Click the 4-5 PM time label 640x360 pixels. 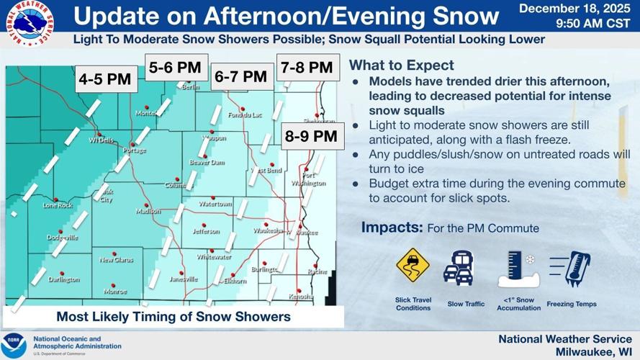coord(105,79)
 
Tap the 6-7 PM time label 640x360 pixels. coord(241,76)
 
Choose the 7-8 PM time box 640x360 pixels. coord(307,68)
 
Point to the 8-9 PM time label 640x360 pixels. coord(310,135)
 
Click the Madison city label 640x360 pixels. coord(148,212)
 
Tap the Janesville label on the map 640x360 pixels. coord(184,279)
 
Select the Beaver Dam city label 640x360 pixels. coord(207,163)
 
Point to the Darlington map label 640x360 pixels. coord(63,279)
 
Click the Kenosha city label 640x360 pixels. coord(301,296)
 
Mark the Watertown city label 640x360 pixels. coord(215,204)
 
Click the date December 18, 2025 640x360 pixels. coord(575,9)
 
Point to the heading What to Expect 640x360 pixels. coord(402,66)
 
